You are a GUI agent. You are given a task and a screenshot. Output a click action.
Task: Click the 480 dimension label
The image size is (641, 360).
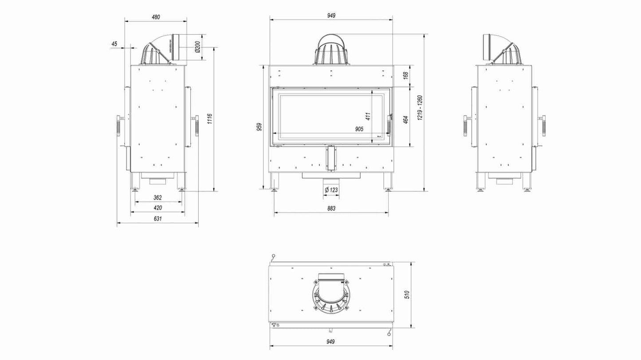point(156,17)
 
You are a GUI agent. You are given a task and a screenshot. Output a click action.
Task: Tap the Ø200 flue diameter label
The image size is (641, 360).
point(197,47)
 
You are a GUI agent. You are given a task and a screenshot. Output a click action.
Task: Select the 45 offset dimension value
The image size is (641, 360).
point(114,44)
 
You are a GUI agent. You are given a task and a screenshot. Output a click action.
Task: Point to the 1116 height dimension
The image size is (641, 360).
point(210,119)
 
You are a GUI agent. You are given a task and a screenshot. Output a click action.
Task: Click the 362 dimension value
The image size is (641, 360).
point(157,198)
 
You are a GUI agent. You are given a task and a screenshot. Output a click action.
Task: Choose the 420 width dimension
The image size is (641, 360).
point(157,208)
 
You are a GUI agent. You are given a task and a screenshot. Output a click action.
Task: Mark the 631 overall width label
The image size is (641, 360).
point(157,219)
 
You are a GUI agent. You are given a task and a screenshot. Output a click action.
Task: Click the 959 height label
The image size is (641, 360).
point(259,127)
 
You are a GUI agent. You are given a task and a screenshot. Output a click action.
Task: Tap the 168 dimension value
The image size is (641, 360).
point(405,75)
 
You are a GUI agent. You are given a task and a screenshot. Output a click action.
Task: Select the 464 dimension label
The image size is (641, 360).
point(405,120)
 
